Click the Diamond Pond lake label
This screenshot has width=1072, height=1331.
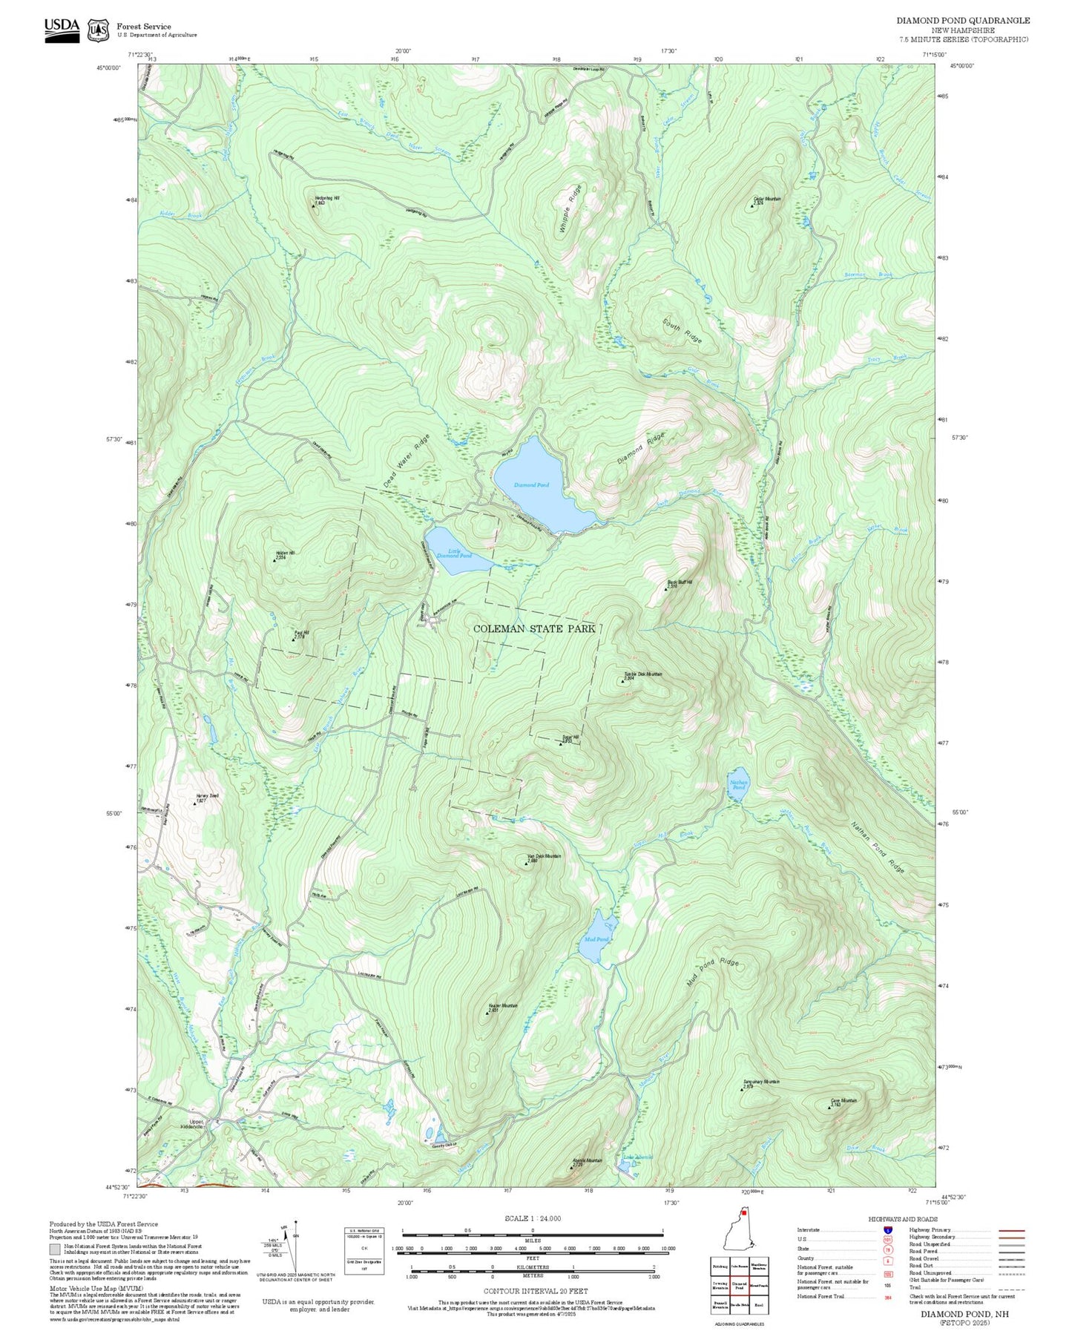(531, 484)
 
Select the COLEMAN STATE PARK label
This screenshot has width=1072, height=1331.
(534, 628)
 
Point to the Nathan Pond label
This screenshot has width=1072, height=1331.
(739, 784)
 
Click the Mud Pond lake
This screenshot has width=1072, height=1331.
(598, 939)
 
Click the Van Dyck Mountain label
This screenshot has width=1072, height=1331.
(544, 856)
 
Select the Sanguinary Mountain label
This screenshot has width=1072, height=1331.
(761, 1082)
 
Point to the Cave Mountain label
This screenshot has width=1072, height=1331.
(844, 1101)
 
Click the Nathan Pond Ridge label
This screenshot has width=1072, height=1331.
(878, 847)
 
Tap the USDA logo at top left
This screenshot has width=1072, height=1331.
(62, 28)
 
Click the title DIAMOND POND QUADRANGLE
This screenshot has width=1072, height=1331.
(962, 20)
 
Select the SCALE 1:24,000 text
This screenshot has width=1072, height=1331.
(532, 1218)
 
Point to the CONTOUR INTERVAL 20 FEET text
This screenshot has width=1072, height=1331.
(532, 1292)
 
